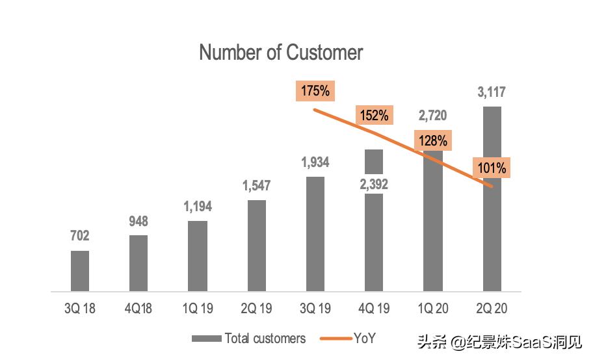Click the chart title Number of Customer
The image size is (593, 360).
pos(281,53)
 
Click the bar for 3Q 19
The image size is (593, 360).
pos(315,233)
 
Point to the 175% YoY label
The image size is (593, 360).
pos(315,91)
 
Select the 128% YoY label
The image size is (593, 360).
pos(432,140)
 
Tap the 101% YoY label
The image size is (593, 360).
pos(491,168)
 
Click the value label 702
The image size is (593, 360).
pos(80,236)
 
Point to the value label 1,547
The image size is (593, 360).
pos(256,186)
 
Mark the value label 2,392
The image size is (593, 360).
pos(374,185)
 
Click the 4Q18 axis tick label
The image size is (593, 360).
pos(138,307)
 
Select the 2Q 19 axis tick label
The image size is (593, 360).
pos(256,307)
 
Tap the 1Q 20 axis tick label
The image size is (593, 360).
pos(432,307)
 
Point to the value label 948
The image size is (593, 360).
pos(138,221)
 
